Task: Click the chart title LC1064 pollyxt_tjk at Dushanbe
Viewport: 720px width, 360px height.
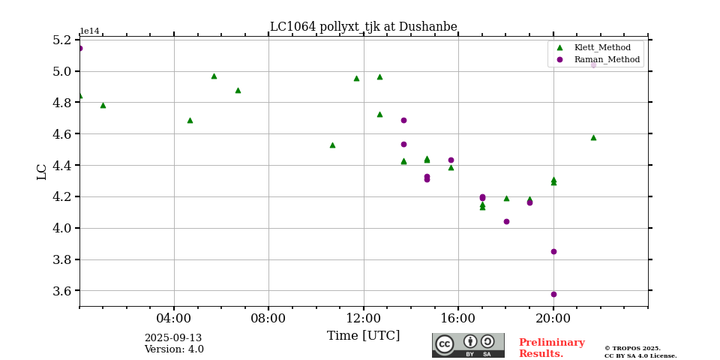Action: click(363, 27)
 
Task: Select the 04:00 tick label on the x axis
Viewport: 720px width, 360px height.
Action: click(174, 318)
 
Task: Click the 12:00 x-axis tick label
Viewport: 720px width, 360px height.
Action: click(363, 318)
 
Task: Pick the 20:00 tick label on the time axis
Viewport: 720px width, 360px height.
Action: click(553, 318)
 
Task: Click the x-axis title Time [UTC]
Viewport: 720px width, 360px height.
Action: click(363, 336)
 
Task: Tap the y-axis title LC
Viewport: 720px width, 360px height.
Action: click(42, 172)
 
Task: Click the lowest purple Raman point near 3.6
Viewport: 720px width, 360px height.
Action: click(553, 294)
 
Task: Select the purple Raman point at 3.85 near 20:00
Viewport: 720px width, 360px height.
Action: click(553, 251)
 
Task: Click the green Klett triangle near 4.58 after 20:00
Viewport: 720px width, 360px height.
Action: click(593, 137)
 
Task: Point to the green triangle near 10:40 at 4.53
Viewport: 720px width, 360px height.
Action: click(332, 145)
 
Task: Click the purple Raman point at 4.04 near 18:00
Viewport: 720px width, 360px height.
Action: click(506, 221)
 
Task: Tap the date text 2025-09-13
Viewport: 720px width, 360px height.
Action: click(173, 338)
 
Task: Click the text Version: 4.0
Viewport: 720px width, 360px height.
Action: click(174, 349)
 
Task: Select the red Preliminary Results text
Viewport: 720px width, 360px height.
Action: click(551, 348)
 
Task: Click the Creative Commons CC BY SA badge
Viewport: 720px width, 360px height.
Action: click(468, 345)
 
